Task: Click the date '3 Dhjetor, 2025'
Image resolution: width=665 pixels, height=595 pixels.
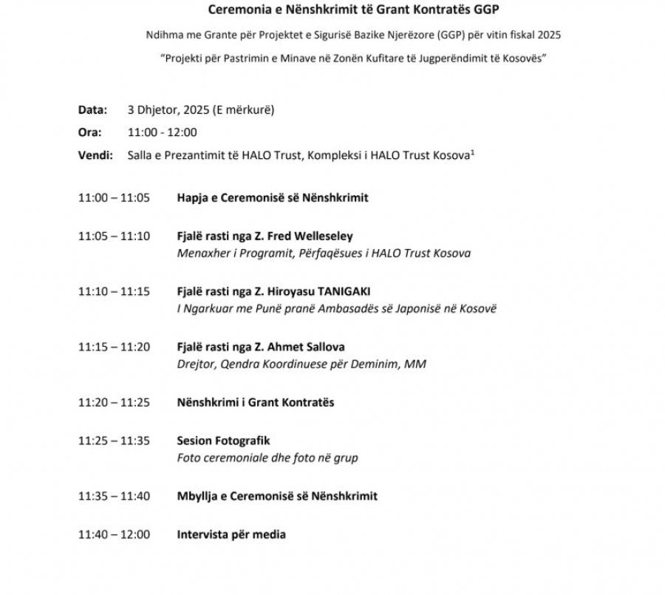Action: [168, 110]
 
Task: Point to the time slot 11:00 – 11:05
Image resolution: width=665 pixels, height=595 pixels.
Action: [114, 198]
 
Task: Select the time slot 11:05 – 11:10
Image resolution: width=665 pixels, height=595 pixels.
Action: [114, 237]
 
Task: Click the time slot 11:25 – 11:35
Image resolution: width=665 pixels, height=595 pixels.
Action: [114, 441]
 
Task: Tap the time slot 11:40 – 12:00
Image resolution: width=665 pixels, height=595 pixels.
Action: [114, 534]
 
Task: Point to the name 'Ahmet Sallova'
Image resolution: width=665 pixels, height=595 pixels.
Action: [307, 347]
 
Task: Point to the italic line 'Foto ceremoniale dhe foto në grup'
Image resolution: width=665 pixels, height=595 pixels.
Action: [267, 458]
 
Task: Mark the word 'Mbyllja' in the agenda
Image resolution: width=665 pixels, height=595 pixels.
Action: [197, 496]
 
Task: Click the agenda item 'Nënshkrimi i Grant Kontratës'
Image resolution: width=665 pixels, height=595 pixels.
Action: [256, 403]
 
